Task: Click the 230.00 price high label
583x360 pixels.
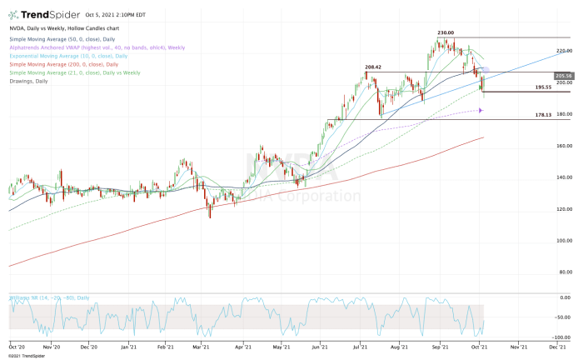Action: coord(446,33)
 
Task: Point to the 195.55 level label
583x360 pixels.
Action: coord(545,87)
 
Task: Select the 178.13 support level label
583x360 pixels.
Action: coord(545,115)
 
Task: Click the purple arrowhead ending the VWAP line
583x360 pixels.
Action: coord(481,110)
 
